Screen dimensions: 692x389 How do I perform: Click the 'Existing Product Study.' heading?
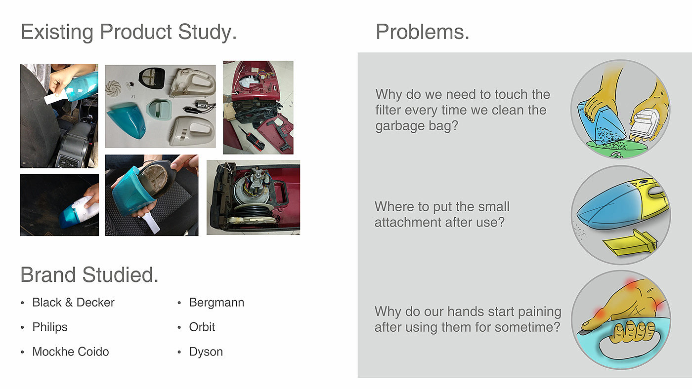tap(129, 32)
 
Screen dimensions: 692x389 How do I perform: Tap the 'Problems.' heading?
tap(422, 32)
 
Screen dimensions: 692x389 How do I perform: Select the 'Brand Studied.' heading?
tap(89, 274)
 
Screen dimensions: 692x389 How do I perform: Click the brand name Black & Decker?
tap(73, 302)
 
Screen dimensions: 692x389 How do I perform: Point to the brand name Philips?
tap(50, 327)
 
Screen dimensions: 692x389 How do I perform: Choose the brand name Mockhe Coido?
tap(70, 351)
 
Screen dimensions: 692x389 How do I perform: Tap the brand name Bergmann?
tap(216, 303)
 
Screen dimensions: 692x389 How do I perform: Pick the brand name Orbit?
tap(202, 327)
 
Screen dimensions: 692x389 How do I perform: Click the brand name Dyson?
tap(206, 352)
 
